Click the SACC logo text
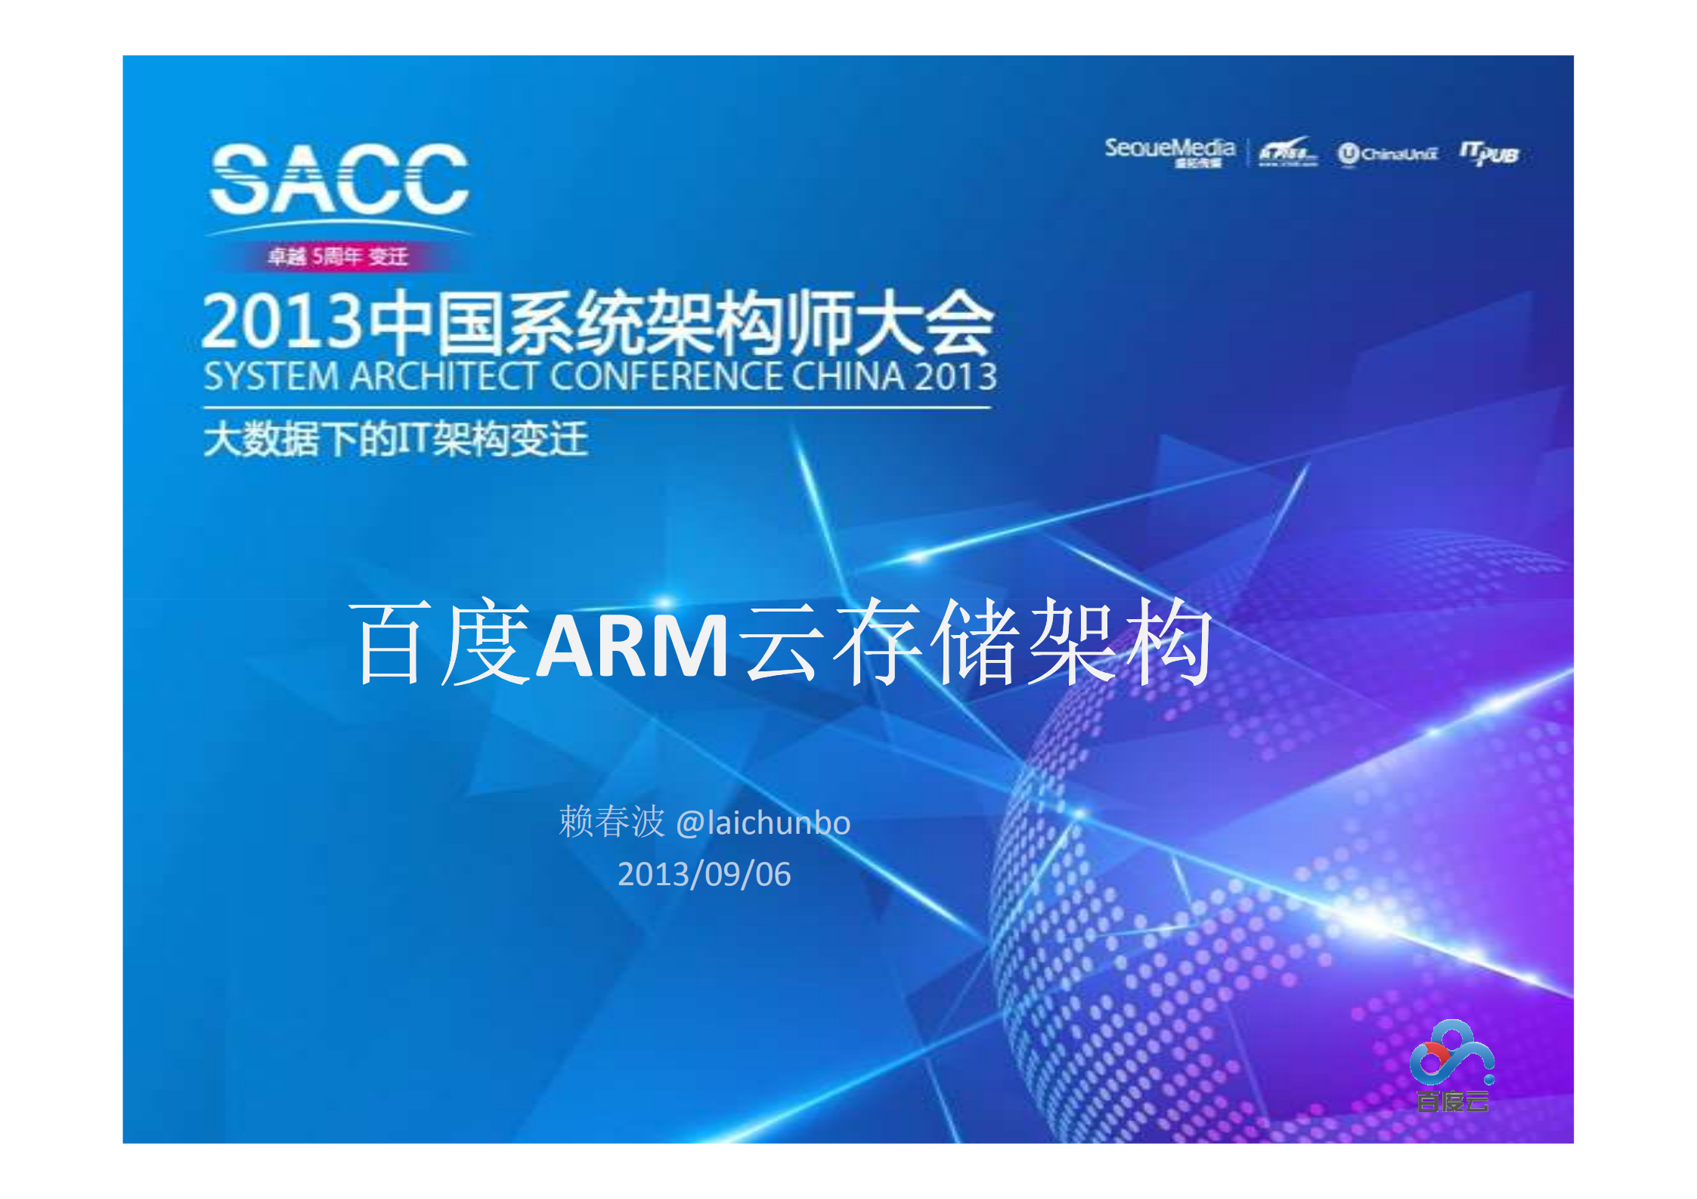coord(339,180)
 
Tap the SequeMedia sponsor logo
coord(1169,150)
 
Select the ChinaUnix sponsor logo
coord(1387,154)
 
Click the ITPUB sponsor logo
coord(1488,153)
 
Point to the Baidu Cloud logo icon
coord(1451,1052)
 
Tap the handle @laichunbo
coord(763,823)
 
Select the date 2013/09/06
coord(704,875)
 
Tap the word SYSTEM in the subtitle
coord(271,376)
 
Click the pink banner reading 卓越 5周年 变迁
coord(338,257)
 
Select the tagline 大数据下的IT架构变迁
coord(395,439)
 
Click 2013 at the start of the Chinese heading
coord(282,322)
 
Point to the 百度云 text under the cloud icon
coord(1452,1101)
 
